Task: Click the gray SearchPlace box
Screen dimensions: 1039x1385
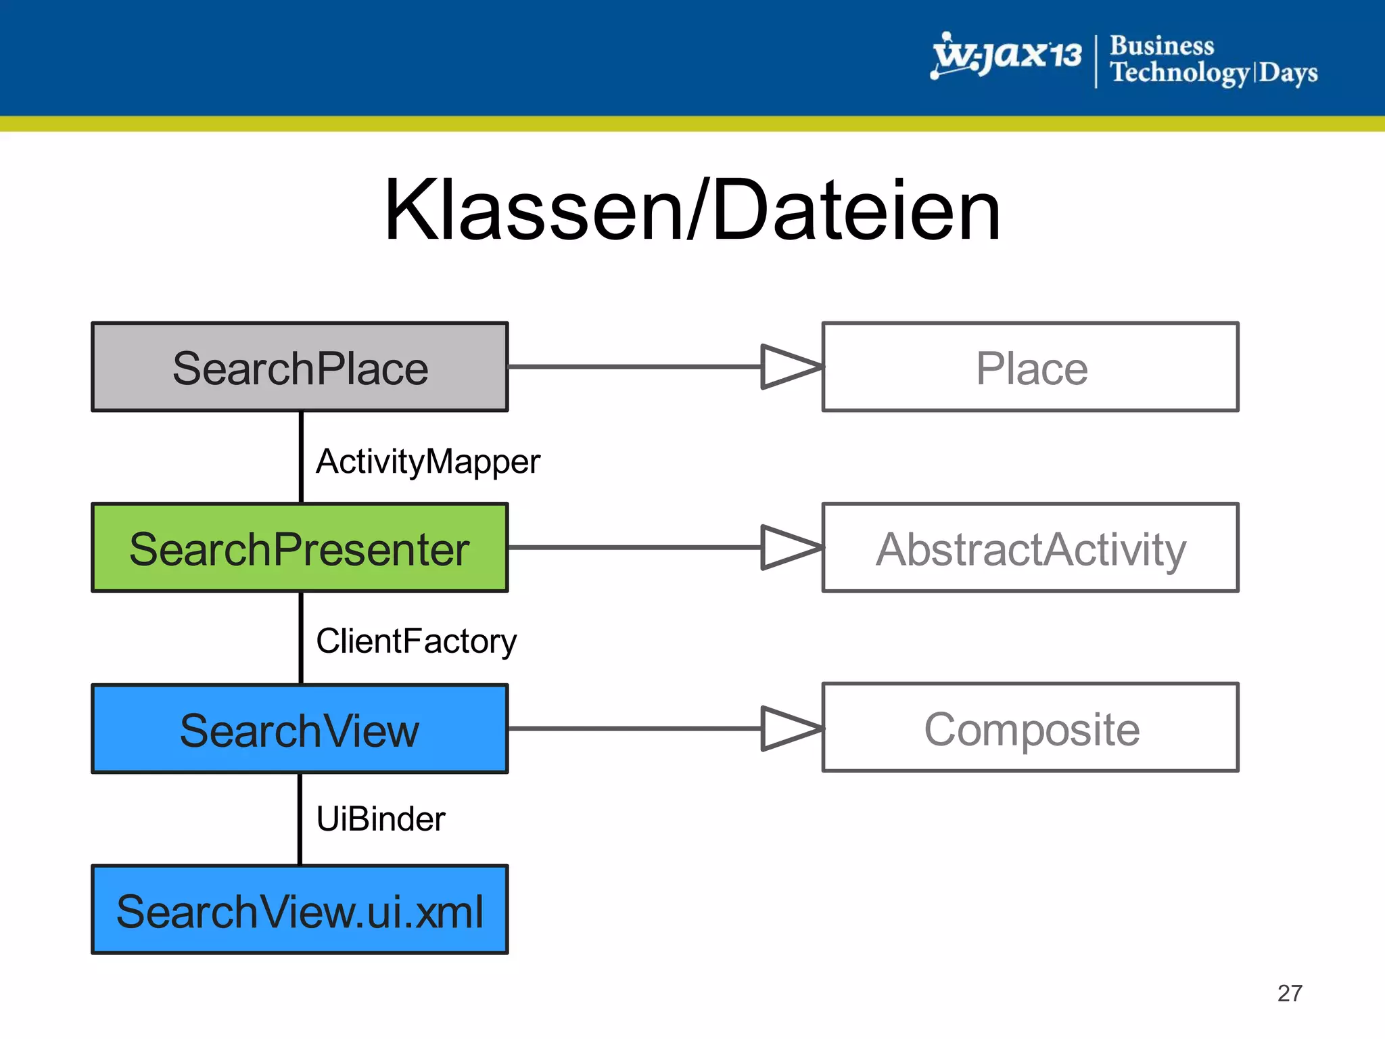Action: coord(300,367)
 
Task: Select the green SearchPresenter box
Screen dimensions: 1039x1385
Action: coord(300,548)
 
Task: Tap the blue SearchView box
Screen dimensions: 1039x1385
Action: coord(300,729)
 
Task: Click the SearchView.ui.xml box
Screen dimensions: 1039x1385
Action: coord(300,910)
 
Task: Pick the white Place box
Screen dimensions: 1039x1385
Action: coord(1030,367)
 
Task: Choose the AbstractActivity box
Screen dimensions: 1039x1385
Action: coord(1030,548)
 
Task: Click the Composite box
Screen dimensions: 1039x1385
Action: coord(1030,728)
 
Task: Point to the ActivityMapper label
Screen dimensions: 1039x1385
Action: coord(427,462)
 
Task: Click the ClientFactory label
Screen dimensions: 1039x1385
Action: coord(416,641)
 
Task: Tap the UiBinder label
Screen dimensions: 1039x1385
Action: coord(381,819)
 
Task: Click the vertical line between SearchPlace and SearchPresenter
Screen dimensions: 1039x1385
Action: coord(301,457)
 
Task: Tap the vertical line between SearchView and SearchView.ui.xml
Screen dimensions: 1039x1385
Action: coord(300,819)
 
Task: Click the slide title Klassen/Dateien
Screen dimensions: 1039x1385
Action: coord(692,210)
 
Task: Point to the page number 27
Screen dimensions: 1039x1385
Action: coord(1290,993)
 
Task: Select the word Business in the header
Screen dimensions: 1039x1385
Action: coord(1162,46)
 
